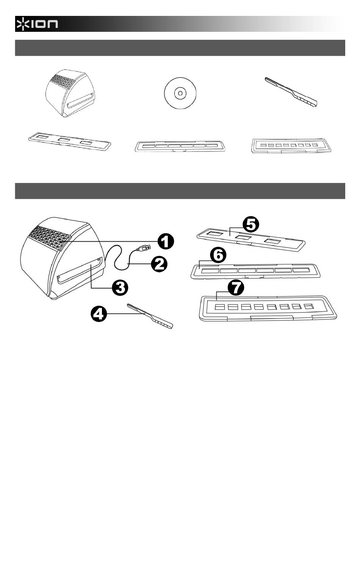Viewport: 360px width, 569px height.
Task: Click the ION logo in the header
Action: [x=37, y=23]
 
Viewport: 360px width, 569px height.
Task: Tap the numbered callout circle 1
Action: [x=166, y=241]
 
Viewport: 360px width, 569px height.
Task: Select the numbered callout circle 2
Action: [x=159, y=264]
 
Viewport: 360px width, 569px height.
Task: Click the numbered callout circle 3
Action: [x=120, y=288]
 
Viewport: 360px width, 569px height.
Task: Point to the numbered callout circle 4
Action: [x=99, y=314]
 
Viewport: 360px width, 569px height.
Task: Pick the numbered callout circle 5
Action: [x=251, y=224]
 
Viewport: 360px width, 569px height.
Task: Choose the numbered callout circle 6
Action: [x=218, y=255]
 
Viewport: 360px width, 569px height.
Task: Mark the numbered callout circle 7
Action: [x=236, y=288]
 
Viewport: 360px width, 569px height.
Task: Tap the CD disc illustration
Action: [x=180, y=93]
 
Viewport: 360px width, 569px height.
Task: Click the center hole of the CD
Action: [x=180, y=93]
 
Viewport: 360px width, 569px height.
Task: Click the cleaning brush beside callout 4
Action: [x=150, y=316]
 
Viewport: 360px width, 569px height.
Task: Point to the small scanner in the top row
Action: [x=70, y=93]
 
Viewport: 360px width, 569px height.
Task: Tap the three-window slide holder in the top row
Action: [x=70, y=141]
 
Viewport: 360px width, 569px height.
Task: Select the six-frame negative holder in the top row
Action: [x=180, y=146]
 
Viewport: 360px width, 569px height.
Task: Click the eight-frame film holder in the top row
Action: [x=291, y=146]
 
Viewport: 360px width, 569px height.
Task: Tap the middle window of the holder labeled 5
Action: [x=243, y=238]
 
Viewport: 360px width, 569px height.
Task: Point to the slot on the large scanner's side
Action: [x=80, y=270]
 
